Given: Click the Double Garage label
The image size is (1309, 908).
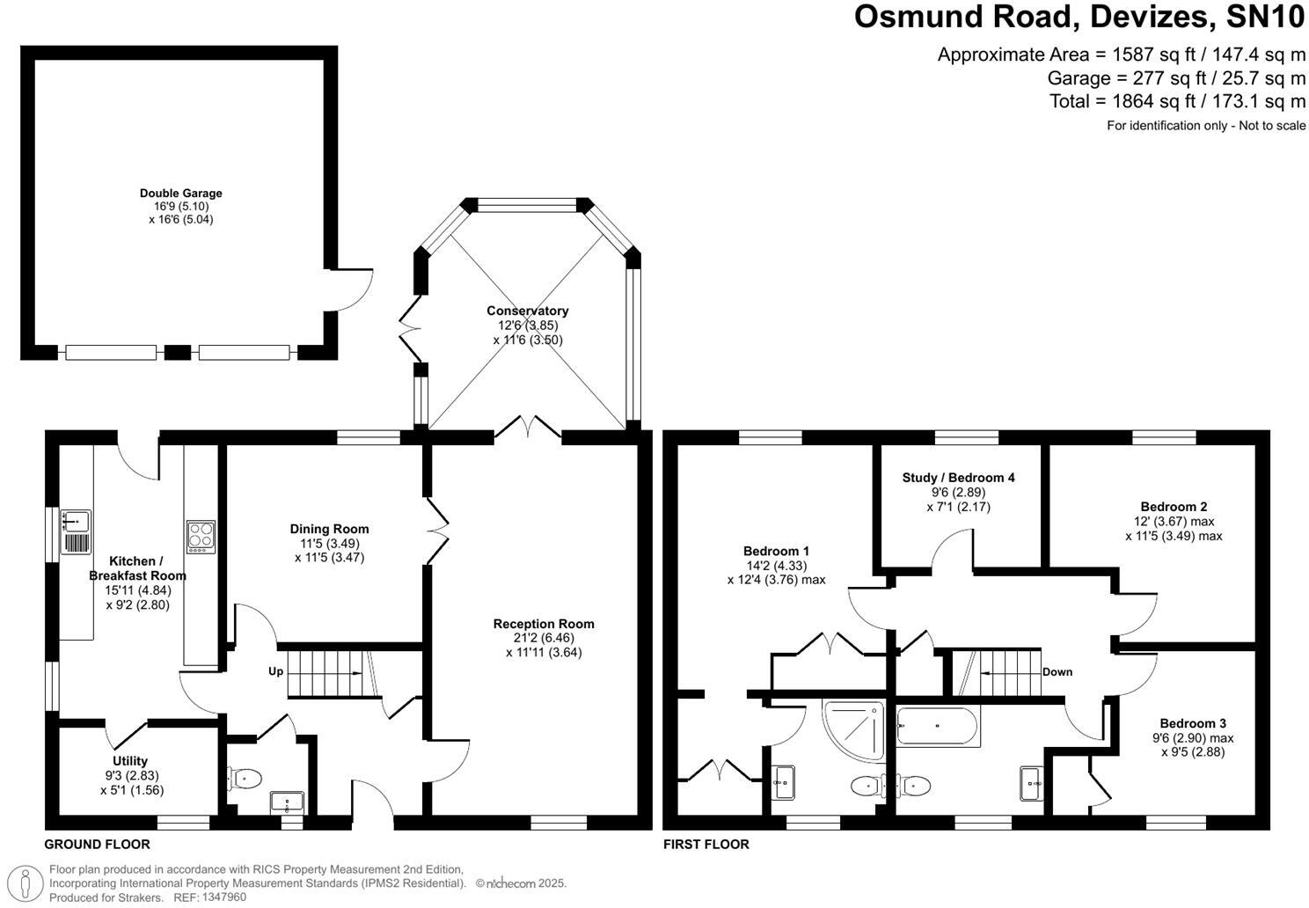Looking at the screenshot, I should coord(181,194).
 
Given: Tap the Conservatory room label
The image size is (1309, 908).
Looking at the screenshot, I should coord(528,311).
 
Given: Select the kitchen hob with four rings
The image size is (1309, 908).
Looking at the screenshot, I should coord(201,536).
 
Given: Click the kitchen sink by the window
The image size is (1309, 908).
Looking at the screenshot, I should coord(75,531).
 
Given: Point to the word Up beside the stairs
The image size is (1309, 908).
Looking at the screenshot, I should coord(276,671).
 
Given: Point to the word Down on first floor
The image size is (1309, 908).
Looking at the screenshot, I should coord(1057,672).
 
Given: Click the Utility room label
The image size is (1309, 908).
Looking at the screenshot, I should coord(130,761).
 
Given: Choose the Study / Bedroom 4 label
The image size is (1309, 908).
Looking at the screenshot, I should coord(958,478).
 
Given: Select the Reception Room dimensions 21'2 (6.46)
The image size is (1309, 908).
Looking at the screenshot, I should coord(544,638).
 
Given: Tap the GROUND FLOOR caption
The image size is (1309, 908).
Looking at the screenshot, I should coord(98,845).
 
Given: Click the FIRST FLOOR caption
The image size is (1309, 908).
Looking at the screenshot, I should coord(706,845).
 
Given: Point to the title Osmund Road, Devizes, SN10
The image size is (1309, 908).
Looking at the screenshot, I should coord(1079,17).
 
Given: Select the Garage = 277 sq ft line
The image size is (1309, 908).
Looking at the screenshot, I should coord(1176,77).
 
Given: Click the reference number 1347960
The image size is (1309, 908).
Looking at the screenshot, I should coord(224,897).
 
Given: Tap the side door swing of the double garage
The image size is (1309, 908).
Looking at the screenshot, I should coord(354,289).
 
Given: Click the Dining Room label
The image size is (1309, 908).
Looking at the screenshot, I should coord(329,529).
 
